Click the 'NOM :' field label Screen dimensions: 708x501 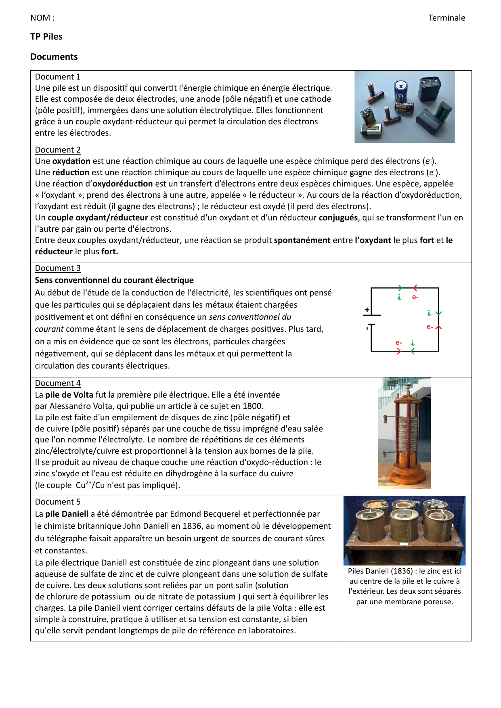[42, 18]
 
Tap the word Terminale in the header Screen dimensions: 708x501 [446, 18]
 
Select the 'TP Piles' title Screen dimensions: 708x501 [46, 37]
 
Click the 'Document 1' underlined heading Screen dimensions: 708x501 [58, 77]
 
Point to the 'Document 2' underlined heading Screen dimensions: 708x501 [58, 150]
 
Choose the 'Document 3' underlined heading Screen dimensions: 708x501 [58, 268]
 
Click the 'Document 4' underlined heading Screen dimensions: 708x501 [58, 383]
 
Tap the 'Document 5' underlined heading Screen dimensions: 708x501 [58, 502]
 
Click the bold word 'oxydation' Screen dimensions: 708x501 [71, 161]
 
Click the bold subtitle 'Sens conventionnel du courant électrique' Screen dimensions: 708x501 [114, 280]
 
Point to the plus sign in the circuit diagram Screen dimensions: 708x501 [367, 310]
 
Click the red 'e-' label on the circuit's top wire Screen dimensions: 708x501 [415, 297]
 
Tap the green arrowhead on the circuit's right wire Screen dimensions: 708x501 [439, 313]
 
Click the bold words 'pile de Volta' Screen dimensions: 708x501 [69, 395]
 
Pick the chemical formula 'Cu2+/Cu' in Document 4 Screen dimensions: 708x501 [90, 485]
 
